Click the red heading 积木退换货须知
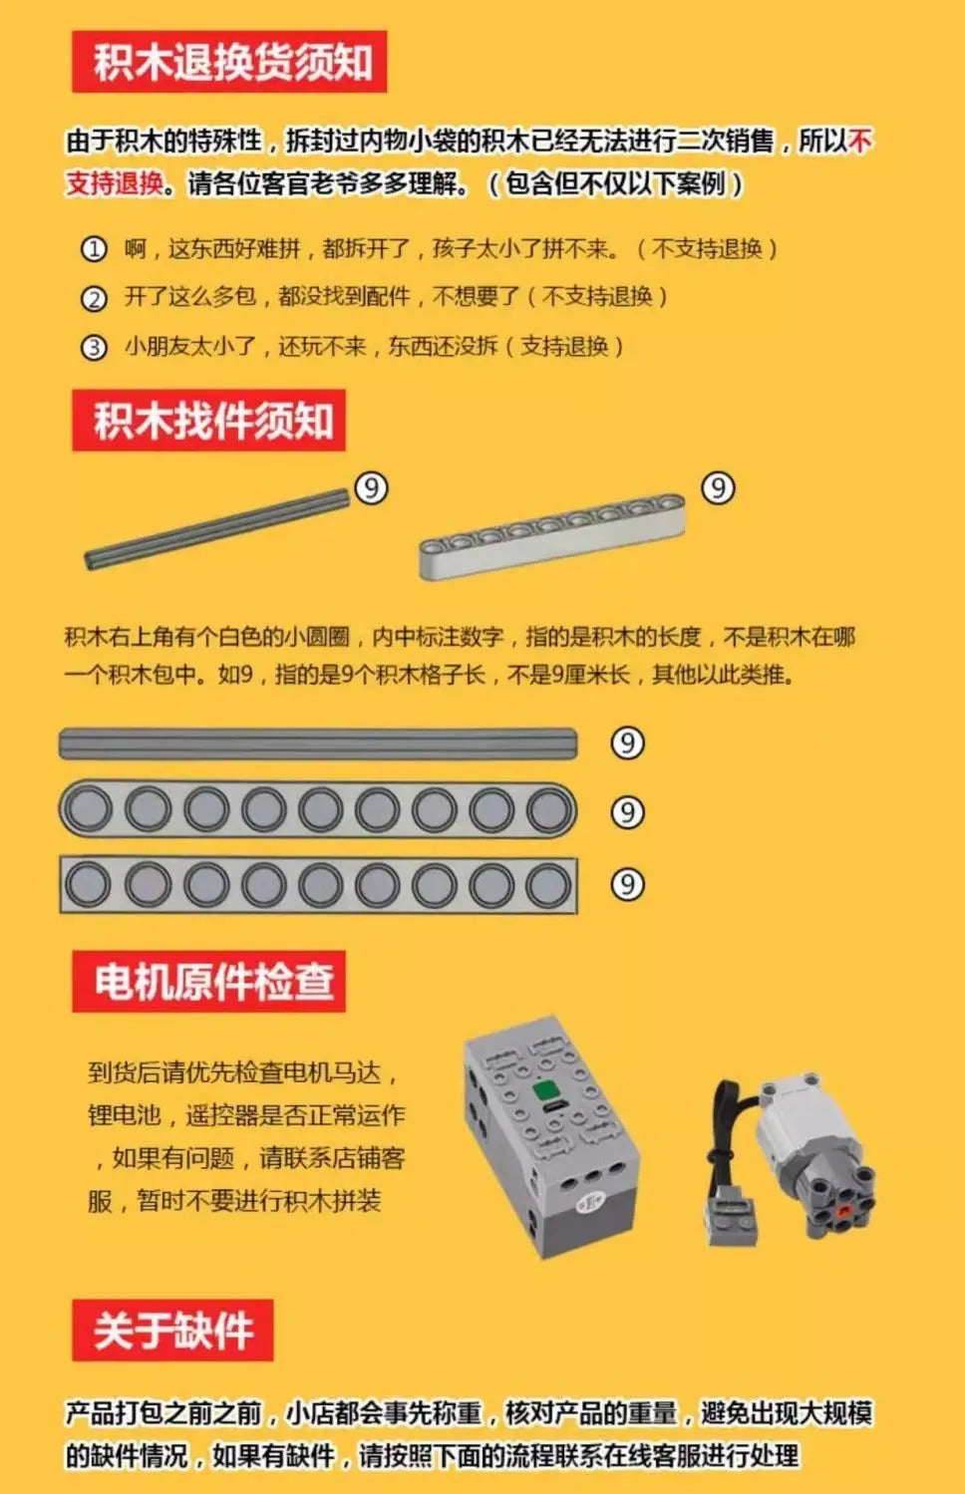pyautogui.click(x=229, y=62)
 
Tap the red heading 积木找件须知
pyautogui.click(x=208, y=421)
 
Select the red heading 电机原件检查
pyautogui.click(x=208, y=982)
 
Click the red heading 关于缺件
pyautogui.click(x=172, y=1330)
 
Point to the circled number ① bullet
pyautogui.click(x=94, y=249)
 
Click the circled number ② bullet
pyautogui.click(x=94, y=298)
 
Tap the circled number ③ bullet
pyautogui.click(x=94, y=347)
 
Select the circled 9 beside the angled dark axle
pyautogui.click(x=371, y=488)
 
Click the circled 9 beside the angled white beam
pyautogui.click(x=718, y=488)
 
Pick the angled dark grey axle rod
pyautogui.click(x=217, y=528)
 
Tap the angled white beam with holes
pyautogui.click(x=551, y=536)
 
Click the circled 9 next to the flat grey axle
pyautogui.click(x=627, y=744)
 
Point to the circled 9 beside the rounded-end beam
pyautogui.click(x=627, y=813)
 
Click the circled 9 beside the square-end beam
pyautogui.click(x=627, y=884)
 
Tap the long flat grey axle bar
pyautogui.click(x=318, y=744)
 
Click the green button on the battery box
pyautogui.click(x=545, y=1090)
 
